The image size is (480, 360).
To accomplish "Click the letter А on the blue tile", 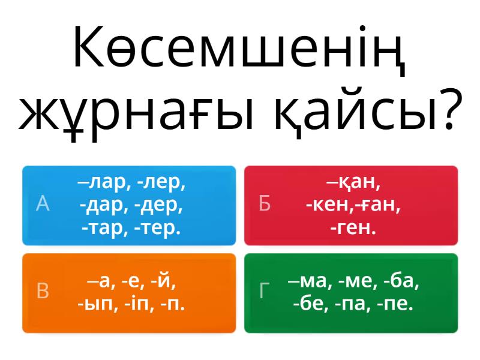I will (x=42, y=204).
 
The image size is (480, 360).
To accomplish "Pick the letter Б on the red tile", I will (x=265, y=204).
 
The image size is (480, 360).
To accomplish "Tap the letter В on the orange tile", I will (x=43, y=291).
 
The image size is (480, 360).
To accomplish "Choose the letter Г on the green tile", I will (x=265, y=291).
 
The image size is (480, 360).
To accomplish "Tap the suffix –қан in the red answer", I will (x=353, y=182).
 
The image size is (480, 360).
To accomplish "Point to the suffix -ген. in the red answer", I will (x=353, y=228).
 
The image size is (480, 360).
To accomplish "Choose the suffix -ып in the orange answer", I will (x=95, y=304).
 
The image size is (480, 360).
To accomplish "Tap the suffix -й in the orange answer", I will (x=164, y=281).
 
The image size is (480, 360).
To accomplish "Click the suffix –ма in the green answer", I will (x=309, y=281).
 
